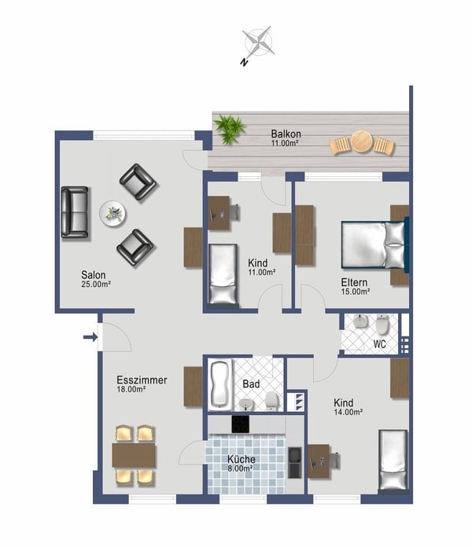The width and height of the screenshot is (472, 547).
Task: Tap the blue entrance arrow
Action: tap(90, 338)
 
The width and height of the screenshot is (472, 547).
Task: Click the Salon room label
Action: tap(95, 279)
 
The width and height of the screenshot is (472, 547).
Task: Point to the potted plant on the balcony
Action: tap(230, 129)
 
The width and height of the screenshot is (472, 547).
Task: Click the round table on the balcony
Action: tap(362, 142)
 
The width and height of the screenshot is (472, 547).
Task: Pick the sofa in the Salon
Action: tap(76, 211)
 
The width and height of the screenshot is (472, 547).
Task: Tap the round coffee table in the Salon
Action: tap(112, 212)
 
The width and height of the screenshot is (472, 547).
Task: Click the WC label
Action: tap(379, 344)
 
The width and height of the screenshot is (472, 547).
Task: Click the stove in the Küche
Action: tap(241, 424)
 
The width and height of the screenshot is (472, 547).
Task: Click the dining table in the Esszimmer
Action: tap(135, 455)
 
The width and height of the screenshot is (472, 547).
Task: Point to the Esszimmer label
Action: tap(142, 384)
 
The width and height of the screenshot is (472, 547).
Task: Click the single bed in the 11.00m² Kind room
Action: tap(223, 274)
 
